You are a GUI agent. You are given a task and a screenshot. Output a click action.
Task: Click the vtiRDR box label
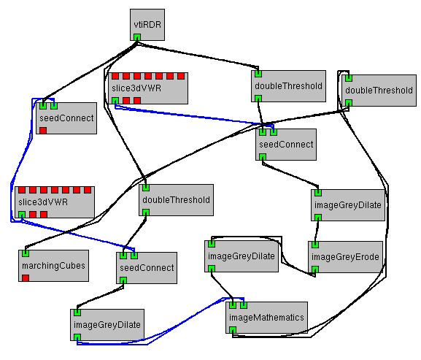point(147,25)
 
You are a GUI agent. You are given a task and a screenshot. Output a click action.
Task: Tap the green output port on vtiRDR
point(137,37)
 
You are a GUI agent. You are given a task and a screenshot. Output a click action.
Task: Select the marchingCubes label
point(53,266)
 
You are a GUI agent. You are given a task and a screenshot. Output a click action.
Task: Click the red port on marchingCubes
point(26,277)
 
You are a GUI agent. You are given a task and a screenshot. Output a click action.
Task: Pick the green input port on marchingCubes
point(26,253)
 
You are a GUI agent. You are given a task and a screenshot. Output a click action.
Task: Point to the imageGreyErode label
point(345,257)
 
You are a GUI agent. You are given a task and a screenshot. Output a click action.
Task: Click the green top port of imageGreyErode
point(315,245)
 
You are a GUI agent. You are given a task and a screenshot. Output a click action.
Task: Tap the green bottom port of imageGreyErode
point(315,269)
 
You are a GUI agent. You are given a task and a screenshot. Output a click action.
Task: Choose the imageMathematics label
point(266,318)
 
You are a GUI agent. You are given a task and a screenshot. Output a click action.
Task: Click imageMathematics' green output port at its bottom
point(233,330)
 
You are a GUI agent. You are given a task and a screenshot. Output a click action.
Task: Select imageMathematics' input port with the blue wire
point(244,305)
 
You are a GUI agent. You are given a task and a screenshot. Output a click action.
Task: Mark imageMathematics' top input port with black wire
point(233,305)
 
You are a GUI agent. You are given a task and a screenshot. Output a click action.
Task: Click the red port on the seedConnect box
point(43,130)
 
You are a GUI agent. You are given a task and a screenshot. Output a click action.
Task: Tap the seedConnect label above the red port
point(66,118)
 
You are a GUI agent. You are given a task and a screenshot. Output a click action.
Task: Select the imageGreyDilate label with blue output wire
point(107,325)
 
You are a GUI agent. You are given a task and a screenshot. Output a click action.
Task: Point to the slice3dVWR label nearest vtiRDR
point(136,88)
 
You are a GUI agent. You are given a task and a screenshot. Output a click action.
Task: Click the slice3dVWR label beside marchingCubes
point(43,202)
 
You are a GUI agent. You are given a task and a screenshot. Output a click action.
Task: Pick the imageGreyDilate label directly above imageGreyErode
point(348,205)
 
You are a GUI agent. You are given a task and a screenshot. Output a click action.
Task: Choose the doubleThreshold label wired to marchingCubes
point(379,91)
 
